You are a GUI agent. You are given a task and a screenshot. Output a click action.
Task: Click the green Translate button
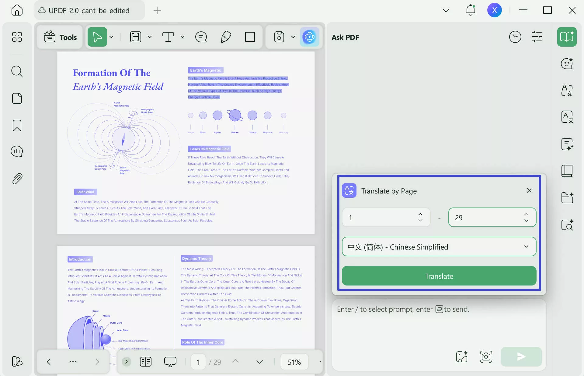point(439,276)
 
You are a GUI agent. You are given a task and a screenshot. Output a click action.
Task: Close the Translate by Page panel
point(529,190)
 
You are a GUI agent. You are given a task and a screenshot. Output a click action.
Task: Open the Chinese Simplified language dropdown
point(439,247)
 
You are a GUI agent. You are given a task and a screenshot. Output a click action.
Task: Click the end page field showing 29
point(487,218)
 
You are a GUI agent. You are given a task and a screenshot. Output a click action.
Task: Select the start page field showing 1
point(380,218)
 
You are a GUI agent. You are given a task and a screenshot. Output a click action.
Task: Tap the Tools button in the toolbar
point(60,37)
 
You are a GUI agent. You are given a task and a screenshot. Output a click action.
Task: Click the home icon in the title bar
point(17,10)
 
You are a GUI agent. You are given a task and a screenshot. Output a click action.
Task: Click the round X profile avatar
point(494,10)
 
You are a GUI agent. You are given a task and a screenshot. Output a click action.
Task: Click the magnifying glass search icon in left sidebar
point(17,71)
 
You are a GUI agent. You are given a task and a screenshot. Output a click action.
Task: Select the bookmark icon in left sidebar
point(17,125)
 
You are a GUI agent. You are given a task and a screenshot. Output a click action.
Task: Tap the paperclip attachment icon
point(17,179)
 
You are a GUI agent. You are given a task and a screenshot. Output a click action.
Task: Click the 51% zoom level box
point(294,362)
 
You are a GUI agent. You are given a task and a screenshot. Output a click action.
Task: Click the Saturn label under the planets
point(235,133)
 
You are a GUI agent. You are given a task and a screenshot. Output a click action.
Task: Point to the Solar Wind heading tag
point(85,192)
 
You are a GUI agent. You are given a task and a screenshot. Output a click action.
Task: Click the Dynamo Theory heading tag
point(197,259)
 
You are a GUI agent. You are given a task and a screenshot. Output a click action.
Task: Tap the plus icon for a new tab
point(157,10)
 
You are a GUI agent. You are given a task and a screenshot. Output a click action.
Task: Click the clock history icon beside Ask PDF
point(515,37)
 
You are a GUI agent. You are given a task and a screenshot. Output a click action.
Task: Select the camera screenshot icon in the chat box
point(486,356)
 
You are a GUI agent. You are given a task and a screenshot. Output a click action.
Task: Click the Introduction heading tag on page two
point(80,259)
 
